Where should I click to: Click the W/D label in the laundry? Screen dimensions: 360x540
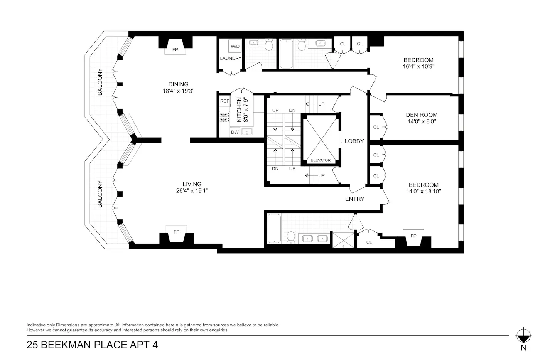(x=235, y=47)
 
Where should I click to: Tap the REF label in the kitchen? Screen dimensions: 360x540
(x=224, y=101)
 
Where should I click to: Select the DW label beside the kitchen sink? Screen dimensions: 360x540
(x=235, y=132)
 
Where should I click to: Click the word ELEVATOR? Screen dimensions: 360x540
(x=321, y=160)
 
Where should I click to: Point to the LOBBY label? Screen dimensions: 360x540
(x=354, y=141)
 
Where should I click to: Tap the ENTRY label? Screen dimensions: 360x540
(x=354, y=199)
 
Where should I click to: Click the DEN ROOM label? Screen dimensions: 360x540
(x=422, y=115)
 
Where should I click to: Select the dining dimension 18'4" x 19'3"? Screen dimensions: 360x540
(x=178, y=91)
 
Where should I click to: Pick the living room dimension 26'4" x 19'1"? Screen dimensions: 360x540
(x=192, y=191)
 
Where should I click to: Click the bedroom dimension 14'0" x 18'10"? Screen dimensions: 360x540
(x=424, y=191)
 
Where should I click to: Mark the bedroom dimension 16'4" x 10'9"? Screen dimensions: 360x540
(x=418, y=66)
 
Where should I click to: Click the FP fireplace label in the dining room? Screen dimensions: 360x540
(x=175, y=50)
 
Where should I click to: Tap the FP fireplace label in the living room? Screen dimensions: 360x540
(x=176, y=232)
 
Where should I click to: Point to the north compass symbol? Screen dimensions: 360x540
(x=523, y=335)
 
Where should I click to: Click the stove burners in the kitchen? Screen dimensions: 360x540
(x=224, y=117)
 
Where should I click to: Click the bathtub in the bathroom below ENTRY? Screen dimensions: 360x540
(x=274, y=229)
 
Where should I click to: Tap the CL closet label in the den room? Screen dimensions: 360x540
(x=376, y=127)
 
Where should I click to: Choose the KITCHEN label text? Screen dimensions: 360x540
(x=239, y=109)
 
